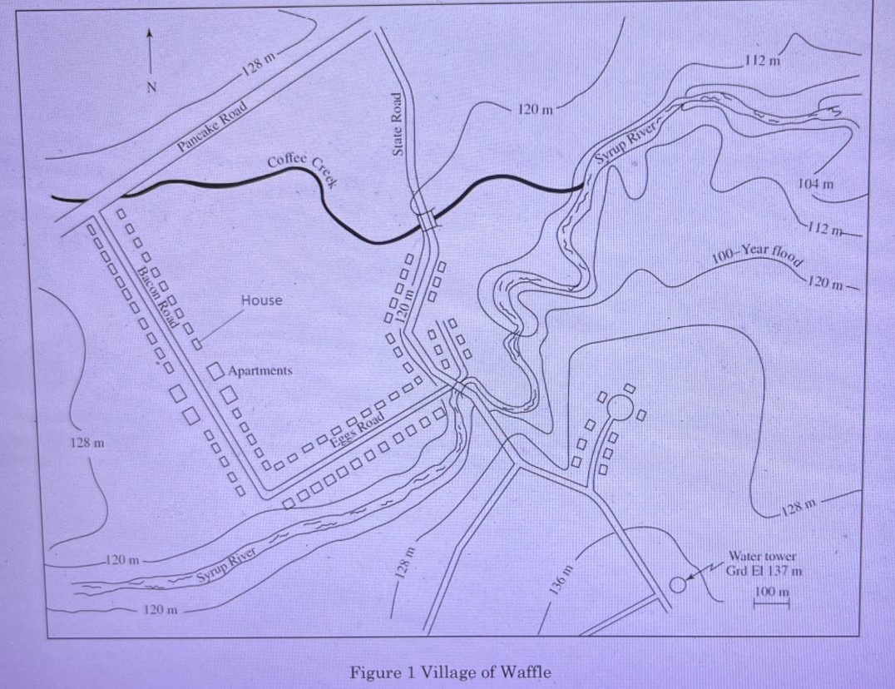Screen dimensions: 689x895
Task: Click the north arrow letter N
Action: tap(151, 86)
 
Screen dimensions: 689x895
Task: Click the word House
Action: tap(261, 300)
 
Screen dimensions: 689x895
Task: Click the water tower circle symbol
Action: tap(678, 584)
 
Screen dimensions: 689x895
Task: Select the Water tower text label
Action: tap(762, 556)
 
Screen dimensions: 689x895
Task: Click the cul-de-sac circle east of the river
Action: tap(620, 407)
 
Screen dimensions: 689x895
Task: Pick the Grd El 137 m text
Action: tap(764, 570)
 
